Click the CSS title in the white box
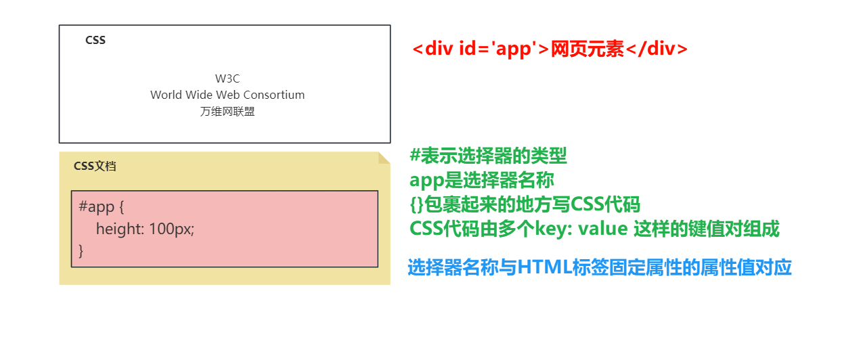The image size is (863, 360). pyautogui.click(x=95, y=40)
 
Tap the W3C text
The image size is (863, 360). pyautogui.click(x=227, y=78)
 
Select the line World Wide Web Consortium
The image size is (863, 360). pyautogui.click(x=227, y=95)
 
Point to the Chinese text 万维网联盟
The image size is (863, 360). pyautogui.click(x=227, y=112)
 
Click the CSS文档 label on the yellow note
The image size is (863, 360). pyautogui.click(x=95, y=166)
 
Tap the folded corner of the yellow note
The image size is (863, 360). pyautogui.click(x=384, y=158)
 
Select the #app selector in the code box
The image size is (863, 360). pyautogui.click(x=97, y=207)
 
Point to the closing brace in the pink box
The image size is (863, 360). pyautogui.click(x=82, y=250)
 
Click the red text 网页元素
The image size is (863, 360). pyautogui.click(x=588, y=49)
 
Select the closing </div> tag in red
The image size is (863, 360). pyautogui.click(x=656, y=49)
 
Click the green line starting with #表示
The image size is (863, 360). pyautogui.click(x=488, y=156)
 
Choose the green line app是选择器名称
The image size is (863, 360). pyautogui.click(x=482, y=181)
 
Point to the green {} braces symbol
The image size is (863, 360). pyautogui.click(x=416, y=204)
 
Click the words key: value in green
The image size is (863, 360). pyautogui.click(x=572, y=229)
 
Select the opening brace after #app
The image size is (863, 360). pyautogui.click(x=121, y=207)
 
